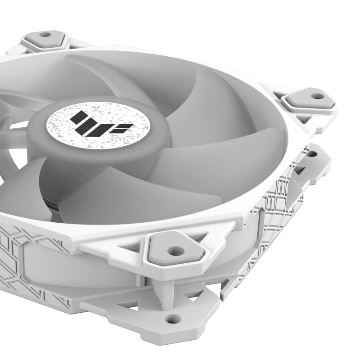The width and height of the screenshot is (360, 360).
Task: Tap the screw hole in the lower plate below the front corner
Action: point(170,318)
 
